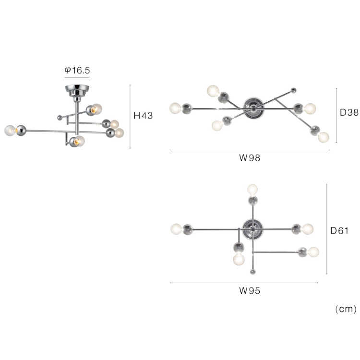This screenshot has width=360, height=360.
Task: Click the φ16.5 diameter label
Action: click(77, 70)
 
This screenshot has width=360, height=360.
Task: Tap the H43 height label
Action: click(143, 116)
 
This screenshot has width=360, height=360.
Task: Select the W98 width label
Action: click(250, 158)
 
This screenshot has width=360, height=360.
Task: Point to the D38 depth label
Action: click(349, 112)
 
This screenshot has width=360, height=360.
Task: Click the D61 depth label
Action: click(339, 231)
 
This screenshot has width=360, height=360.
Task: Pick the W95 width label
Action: click(250, 291)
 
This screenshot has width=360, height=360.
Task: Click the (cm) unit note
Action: click(346, 309)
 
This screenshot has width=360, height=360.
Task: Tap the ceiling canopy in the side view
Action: click(77, 91)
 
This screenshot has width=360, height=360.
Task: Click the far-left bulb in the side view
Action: click(10, 131)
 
